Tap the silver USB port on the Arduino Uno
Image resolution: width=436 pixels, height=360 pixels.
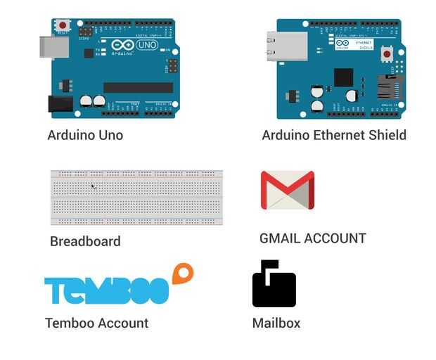[54, 47]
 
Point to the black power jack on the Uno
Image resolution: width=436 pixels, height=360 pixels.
[60, 104]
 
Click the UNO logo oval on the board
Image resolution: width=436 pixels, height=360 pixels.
[146, 45]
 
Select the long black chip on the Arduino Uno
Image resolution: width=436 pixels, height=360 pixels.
[138, 88]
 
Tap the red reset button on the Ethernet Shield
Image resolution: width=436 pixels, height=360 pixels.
[387, 53]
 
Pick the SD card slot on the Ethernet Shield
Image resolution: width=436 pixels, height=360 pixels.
[390, 87]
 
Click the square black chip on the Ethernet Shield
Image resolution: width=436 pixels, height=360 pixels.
[343, 77]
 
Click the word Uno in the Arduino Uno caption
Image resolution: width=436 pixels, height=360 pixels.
[108, 135]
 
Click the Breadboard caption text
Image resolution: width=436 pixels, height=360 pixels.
[85, 241]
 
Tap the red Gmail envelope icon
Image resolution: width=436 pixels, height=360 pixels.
[287, 190]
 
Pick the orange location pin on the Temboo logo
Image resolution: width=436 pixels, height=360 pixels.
[182, 273]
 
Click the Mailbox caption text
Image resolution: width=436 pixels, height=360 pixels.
[276, 323]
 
